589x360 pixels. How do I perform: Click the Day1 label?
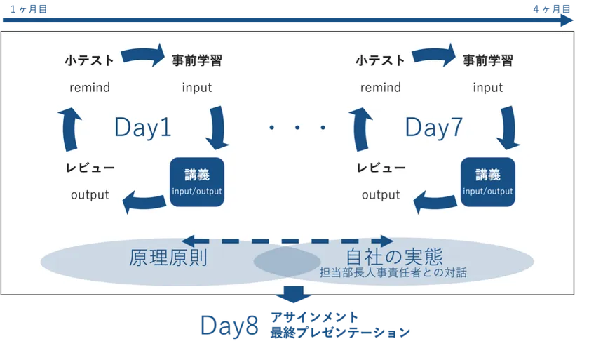[x=143, y=128]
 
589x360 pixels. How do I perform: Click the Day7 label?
[x=434, y=128]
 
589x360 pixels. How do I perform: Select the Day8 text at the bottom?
[x=229, y=326]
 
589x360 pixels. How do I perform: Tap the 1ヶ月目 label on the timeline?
[x=29, y=8]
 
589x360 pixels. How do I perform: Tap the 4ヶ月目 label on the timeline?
[x=552, y=8]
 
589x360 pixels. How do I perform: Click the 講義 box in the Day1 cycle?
[x=197, y=182]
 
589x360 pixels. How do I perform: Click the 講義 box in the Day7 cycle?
[x=487, y=182]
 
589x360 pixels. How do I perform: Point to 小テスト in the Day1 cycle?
[x=89, y=60]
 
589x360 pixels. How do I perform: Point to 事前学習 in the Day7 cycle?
[x=487, y=60]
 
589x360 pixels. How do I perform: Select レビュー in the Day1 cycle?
[x=90, y=168]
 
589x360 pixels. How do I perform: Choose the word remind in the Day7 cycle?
[x=381, y=88]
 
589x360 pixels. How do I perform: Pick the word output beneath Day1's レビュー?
[x=90, y=195]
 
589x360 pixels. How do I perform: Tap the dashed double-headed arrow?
[x=287, y=241]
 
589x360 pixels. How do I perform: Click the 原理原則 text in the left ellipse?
[x=168, y=258]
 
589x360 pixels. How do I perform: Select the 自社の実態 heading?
[x=394, y=257]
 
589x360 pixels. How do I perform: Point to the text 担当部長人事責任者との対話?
[x=393, y=272]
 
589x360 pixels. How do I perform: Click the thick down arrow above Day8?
[x=293, y=295]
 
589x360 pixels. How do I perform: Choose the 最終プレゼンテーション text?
[x=340, y=333]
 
